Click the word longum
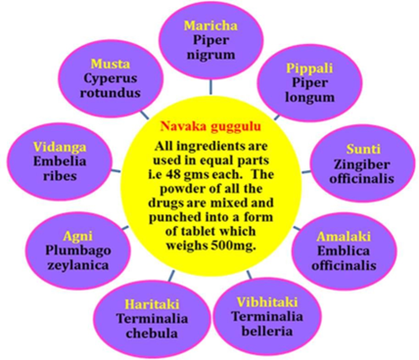[x=308, y=97]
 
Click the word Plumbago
[x=65, y=252]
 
